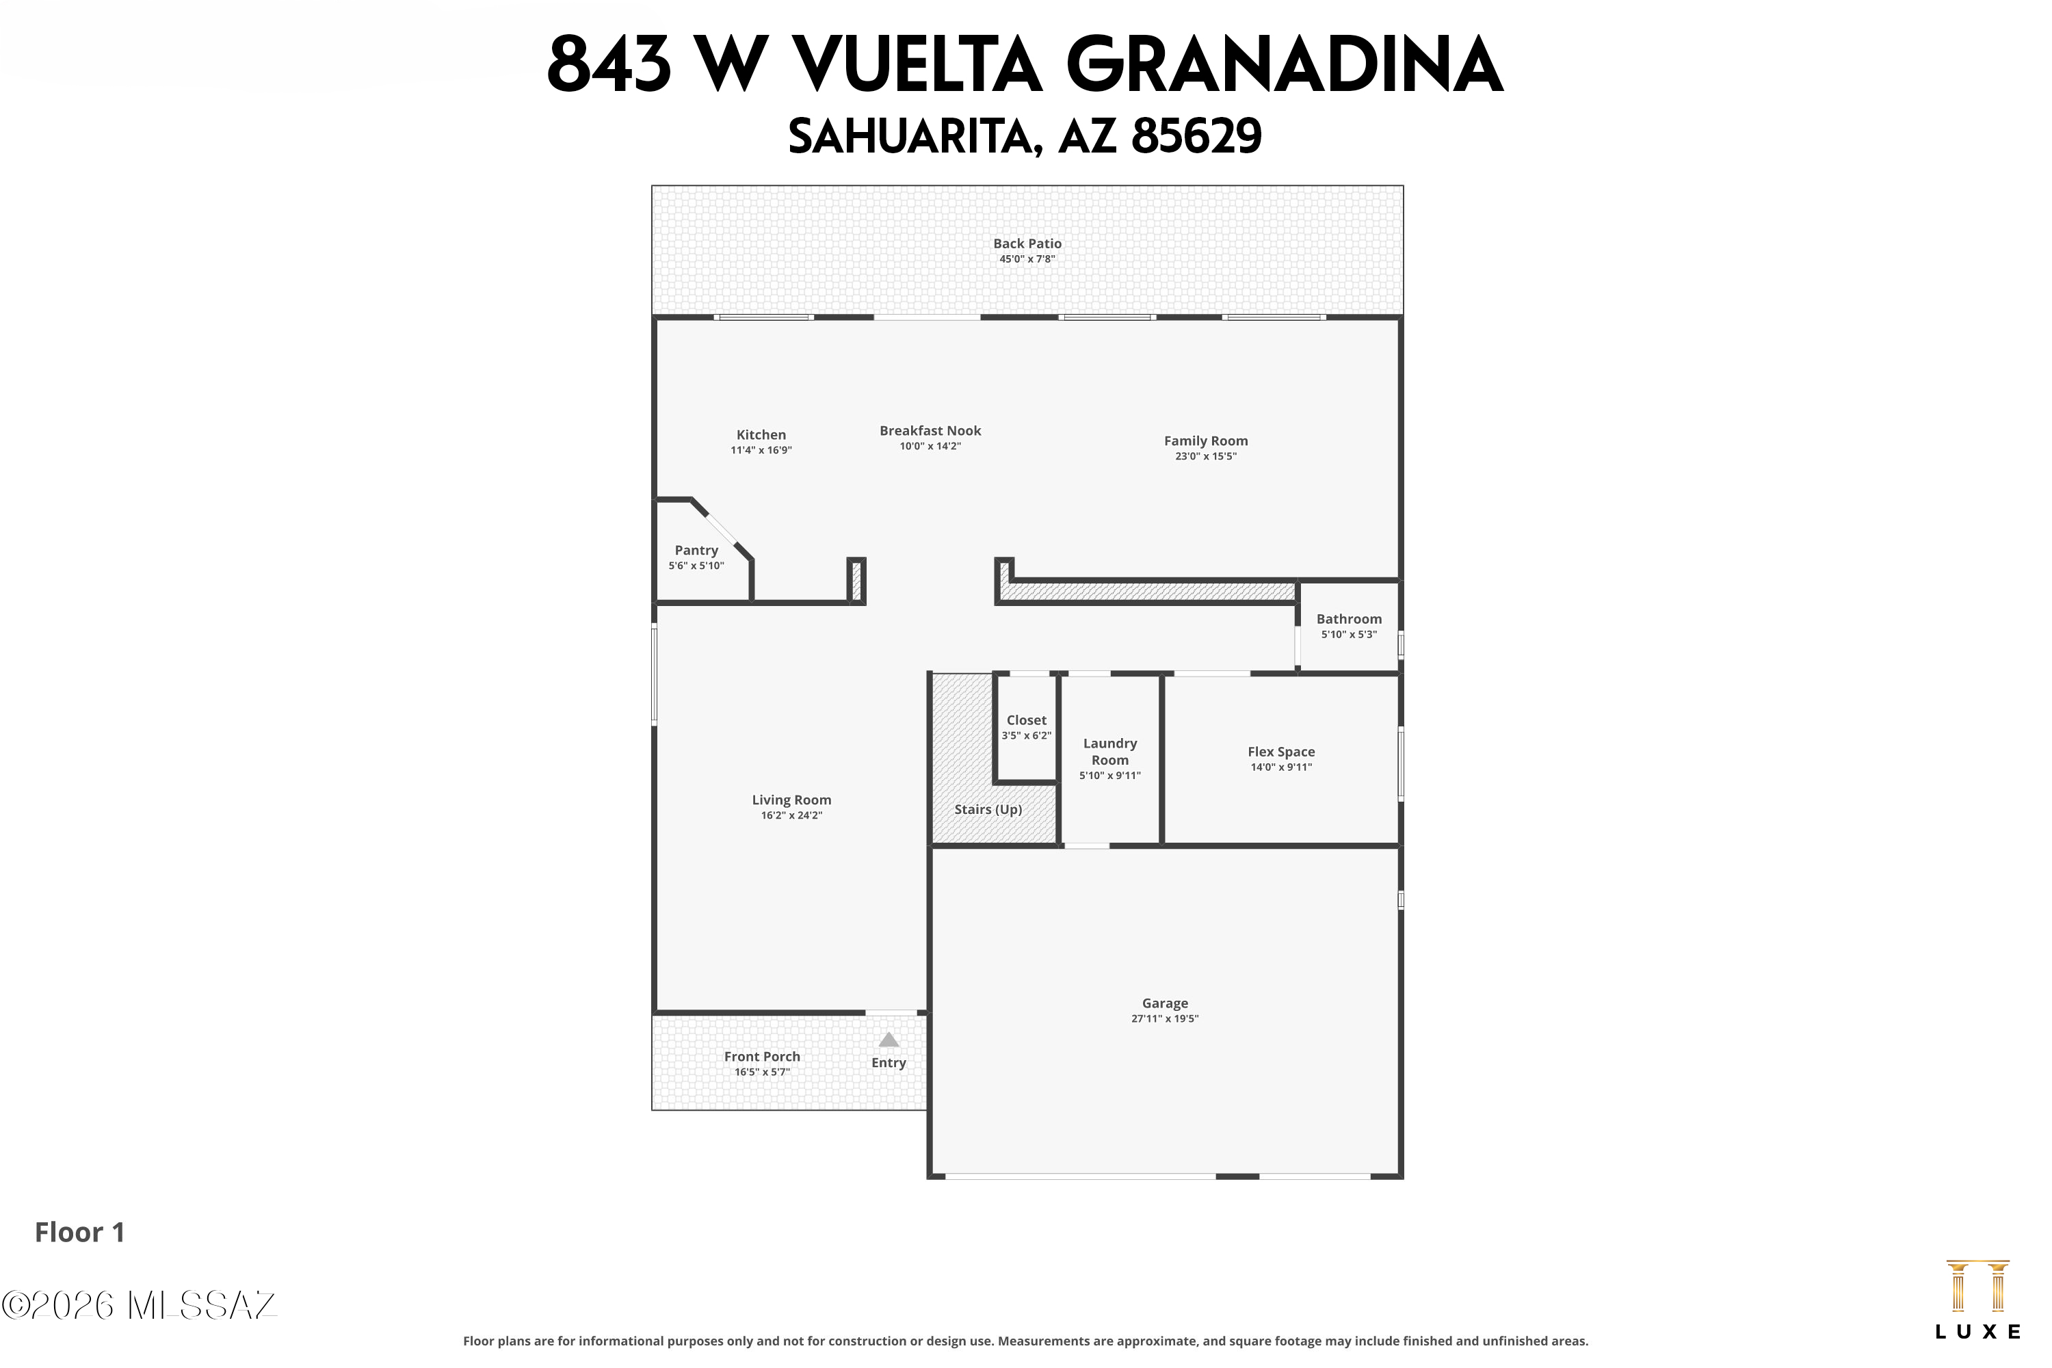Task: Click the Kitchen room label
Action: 761,434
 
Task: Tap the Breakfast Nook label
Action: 930,430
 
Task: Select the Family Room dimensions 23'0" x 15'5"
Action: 1206,456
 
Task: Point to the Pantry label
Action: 696,551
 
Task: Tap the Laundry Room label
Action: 1109,751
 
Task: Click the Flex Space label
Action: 1280,751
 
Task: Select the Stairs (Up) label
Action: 988,810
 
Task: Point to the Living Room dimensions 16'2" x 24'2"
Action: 791,816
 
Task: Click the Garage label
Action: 1165,1003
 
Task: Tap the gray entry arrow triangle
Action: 888,1039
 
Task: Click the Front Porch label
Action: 762,1057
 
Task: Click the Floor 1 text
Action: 79,1232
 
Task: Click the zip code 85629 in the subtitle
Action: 1196,136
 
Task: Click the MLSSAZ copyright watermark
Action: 139,1305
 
